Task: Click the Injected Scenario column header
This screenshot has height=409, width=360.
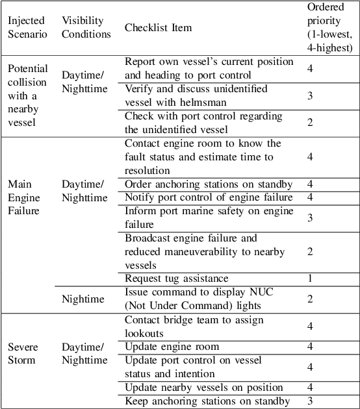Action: (27, 28)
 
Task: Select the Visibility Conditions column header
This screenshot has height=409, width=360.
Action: (86, 28)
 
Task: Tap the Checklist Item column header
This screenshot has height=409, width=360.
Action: (158, 28)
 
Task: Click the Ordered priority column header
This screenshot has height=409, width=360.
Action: (329, 27)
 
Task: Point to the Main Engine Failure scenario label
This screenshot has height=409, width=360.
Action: (23, 197)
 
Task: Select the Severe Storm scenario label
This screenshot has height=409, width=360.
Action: (23, 353)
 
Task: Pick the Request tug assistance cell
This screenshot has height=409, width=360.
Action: (176, 279)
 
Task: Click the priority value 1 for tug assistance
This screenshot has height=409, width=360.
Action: (310, 279)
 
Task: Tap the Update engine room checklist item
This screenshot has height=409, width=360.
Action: (172, 347)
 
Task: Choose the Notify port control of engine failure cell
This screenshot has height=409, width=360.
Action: (208, 197)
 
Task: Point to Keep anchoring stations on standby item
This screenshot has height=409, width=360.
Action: (207, 401)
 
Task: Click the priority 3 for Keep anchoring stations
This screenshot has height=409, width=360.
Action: (310, 401)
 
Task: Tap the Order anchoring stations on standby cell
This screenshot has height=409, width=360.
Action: (208, 184)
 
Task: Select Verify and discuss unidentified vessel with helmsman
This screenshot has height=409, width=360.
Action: (196, 95)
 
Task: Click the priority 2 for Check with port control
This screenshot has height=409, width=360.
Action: (310, 123)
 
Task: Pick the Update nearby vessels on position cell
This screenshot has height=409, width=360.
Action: (203, 388)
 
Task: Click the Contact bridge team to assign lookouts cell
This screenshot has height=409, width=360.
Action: (202, 326)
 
